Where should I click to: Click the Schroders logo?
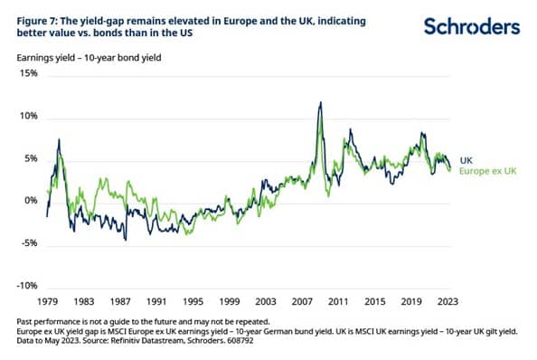coord(472,27)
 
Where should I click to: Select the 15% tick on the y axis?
coord(29,73)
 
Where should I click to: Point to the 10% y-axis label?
coord(29,116)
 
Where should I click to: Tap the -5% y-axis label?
coord(30,242)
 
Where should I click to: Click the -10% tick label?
coord(27,285)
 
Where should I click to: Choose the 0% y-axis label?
coord(31,201)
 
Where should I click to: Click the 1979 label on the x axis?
coord(48,301)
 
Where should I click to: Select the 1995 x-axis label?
coord(193,301)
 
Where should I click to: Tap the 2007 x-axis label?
coord(302,301)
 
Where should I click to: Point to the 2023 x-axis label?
coord(447,301)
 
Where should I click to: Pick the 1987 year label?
coord(120,301)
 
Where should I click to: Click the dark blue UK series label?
coord(466,160)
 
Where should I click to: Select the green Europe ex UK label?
coord(487,171)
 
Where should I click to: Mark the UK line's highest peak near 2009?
coord(321,101)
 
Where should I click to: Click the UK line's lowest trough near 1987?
coord(126,240)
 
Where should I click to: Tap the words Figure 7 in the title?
coord(37,21)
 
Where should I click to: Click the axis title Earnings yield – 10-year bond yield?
coord(89,58)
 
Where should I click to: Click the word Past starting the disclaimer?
coord(24,322)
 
